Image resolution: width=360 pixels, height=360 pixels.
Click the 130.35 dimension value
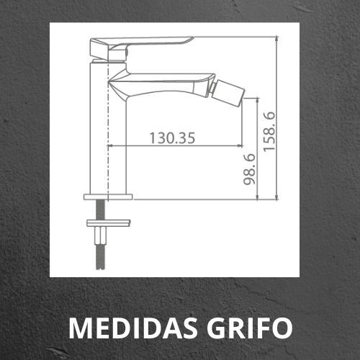[172, 138]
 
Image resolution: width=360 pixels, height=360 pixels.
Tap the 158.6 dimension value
[269, 132]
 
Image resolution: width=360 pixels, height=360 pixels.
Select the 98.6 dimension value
[249, 169]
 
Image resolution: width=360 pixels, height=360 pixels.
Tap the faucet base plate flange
[108, 197]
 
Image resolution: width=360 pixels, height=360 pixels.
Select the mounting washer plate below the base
[109, 223]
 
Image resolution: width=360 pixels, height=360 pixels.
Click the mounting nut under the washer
[101, 235]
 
